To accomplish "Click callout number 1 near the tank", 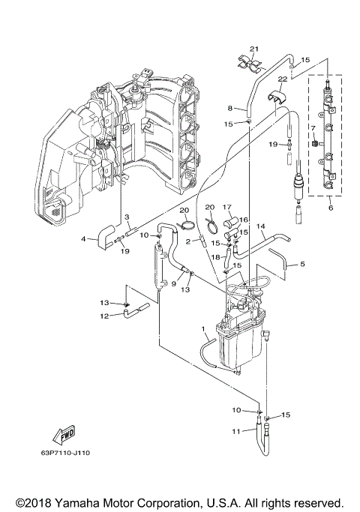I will pos(203,328).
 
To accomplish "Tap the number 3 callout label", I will pos(128,218).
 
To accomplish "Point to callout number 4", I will pos(83,240).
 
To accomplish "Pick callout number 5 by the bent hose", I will pos(302,264).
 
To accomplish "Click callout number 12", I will pos(104,316).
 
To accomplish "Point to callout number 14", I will pos(261,226).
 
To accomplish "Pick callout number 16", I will pos(243,220).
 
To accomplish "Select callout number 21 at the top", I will pos(253,49).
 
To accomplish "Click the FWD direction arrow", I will pos(63,435).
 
